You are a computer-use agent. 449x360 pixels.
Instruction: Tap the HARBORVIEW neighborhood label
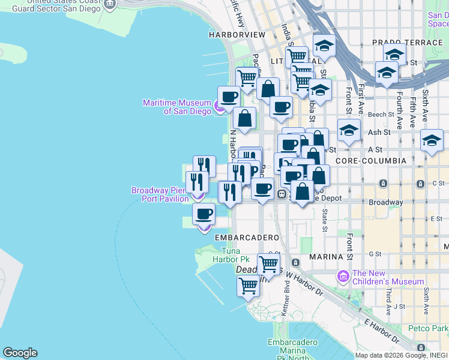pos(237,35)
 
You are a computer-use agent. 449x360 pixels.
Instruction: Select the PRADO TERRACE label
pos(406,43)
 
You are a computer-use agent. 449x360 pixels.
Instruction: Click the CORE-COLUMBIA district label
pos(371,161)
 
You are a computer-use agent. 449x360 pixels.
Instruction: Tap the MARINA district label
pos(325,257)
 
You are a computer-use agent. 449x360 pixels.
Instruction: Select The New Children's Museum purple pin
pos(343,277)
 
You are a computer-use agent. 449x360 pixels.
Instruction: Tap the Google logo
pos(20,353)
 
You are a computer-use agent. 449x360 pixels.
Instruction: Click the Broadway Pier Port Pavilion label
pos(160,194)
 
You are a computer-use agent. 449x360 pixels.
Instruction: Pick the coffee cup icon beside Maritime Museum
pos(229,97)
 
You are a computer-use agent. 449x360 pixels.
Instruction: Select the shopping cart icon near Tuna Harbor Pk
pos(268,263)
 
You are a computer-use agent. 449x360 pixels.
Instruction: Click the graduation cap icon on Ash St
pos(348,130)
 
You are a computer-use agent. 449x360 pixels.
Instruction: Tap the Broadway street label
pos(385,202)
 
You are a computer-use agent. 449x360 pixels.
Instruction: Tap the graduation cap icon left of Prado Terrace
pos(324,46)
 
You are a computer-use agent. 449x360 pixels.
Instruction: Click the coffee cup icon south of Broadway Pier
pos(204,214)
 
